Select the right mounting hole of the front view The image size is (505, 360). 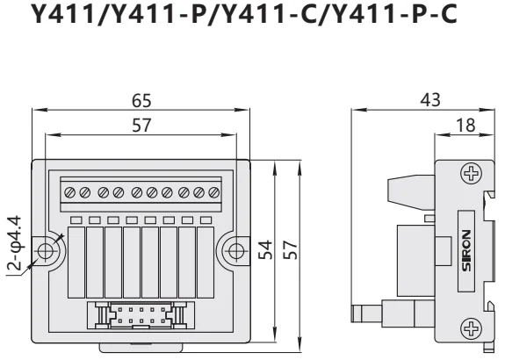(237, 250)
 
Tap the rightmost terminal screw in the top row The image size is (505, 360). (213, 191)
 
